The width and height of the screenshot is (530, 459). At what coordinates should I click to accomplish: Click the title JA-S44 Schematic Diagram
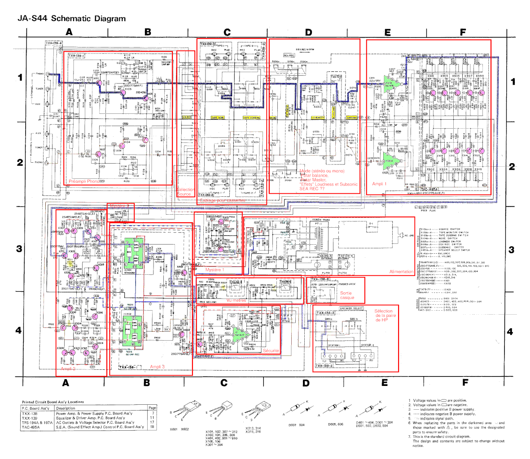72,18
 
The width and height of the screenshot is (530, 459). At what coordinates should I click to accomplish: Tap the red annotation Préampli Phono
84,181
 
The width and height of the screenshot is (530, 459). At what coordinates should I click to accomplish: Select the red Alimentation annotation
401,272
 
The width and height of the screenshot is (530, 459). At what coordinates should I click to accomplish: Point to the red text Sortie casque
347,295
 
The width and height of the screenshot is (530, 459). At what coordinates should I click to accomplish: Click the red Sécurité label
271,351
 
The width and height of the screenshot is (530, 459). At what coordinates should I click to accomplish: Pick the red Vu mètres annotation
237,300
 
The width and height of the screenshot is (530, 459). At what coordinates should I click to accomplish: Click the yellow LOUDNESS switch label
318,118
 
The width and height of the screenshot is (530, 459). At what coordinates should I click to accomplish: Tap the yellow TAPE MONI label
217,117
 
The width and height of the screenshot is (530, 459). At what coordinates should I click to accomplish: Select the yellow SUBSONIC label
352,118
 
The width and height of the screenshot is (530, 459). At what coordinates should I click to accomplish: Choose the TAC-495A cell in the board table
31,427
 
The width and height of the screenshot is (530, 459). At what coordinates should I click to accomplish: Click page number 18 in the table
152,427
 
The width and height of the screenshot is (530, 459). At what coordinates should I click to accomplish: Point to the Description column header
66,408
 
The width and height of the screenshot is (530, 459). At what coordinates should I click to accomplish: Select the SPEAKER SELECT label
351,308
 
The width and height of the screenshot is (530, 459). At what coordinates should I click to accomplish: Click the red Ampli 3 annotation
157,367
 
